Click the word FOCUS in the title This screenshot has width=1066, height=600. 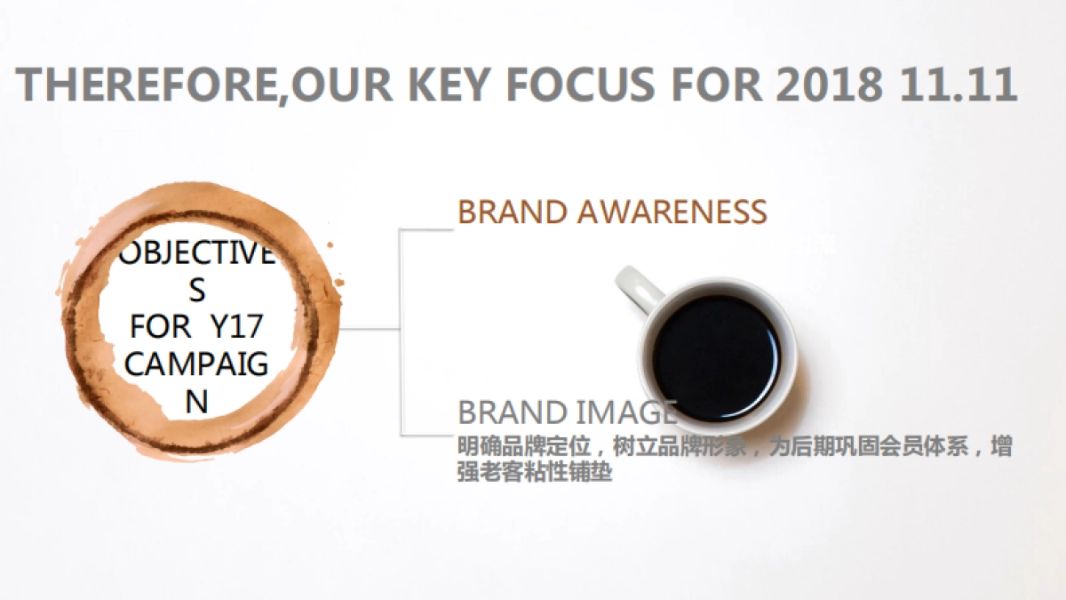[582, 84]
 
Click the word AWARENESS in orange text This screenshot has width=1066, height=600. [671, 212]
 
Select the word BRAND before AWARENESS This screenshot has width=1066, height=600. [512, 212]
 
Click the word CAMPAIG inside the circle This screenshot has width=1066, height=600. [196, 364]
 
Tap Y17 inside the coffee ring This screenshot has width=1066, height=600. [236, 327]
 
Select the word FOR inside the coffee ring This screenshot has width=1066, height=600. [161, 327]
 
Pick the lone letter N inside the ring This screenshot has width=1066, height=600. [196, 402]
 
